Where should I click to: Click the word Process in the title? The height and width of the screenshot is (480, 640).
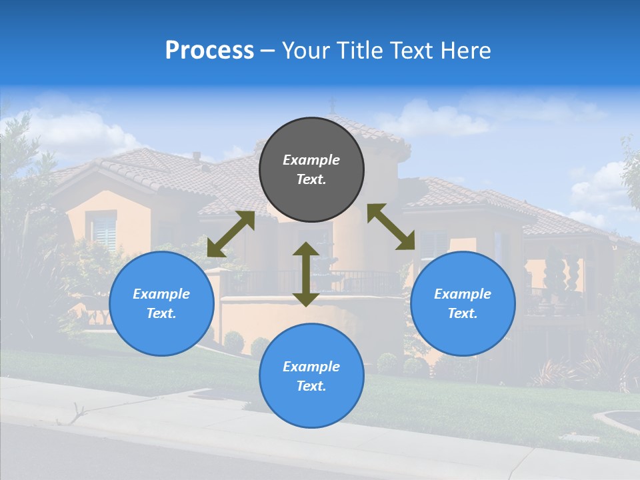[209, 51]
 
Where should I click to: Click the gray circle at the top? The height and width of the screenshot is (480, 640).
[311, 169]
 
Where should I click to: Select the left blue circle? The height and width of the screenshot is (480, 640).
[161, 303]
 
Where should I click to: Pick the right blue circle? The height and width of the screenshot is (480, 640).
[463, 303]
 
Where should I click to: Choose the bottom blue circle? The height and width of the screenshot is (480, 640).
[311, 375]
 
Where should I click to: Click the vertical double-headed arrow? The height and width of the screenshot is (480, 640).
[306, 274]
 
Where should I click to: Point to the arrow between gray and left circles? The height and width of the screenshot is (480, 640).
[231, 234]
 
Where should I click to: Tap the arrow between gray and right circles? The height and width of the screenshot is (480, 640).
[391, 227]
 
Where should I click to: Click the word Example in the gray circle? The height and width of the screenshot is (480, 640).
[311, 160]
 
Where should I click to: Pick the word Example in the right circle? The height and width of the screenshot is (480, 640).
[463, 294]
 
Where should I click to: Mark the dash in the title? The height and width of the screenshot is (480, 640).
[268, 51]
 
